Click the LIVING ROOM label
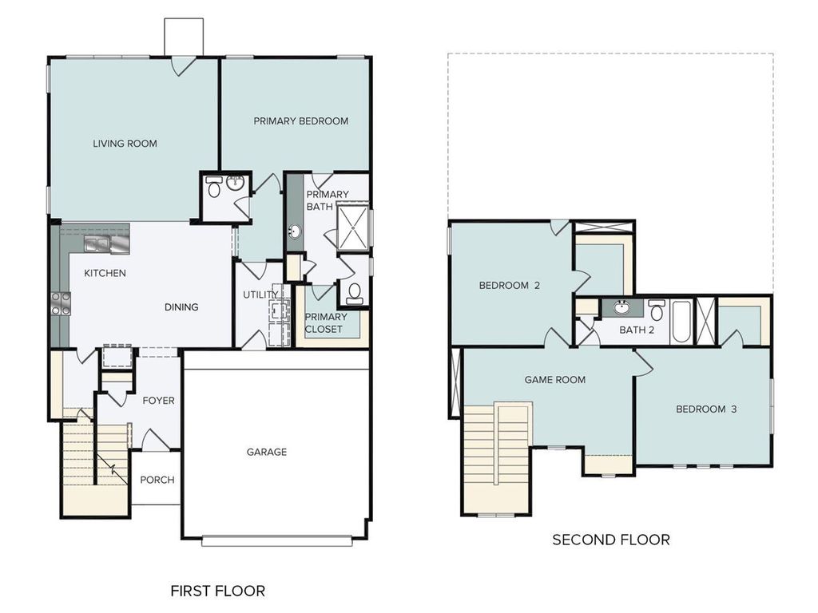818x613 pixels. pos(125,144)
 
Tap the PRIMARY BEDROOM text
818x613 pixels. pos(300,121)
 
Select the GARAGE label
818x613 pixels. pos(266,452)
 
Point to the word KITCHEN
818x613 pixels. pos(105,273)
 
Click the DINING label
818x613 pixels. pos(181,306)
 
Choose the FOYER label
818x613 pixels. pos(158,400)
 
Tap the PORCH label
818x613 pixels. pos(157,480)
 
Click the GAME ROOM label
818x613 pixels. pos(554,380)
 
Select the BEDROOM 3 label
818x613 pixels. pos(705,409)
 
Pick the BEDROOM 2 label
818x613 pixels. pos(509,286)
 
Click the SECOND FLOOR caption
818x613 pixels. pos(610,540)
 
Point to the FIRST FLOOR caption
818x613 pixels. pos(217,591)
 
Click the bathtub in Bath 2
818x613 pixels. pos(681,322)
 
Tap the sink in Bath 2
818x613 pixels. pos(620,307)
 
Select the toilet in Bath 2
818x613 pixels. pos(657,309)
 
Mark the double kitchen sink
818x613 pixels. pos(99,243)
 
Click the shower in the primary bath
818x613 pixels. pos(352,227)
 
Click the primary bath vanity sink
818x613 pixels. pos(294,232)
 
